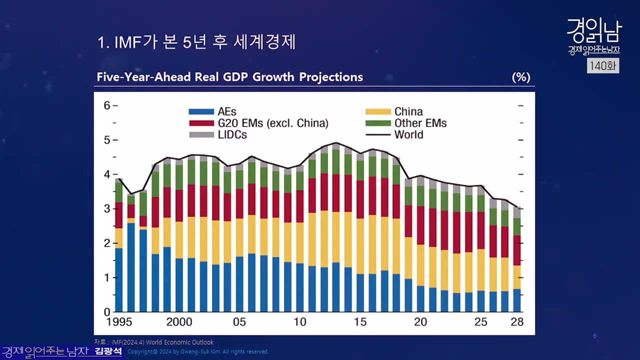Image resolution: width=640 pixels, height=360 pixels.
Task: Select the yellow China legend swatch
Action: tap(378, 112)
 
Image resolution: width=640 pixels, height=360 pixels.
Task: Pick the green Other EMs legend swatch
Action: tap(378, 123)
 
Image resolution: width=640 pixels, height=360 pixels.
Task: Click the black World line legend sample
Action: tap(378, 135)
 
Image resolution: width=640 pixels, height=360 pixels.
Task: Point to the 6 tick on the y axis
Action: tap(107, 105)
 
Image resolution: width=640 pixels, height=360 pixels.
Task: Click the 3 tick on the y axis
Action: tap(107, 209)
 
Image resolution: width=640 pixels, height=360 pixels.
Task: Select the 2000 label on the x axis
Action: tap(179, 322)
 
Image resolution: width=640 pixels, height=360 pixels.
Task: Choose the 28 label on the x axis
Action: tap(517, 322)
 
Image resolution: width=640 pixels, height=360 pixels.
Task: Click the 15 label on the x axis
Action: tap(360, 322)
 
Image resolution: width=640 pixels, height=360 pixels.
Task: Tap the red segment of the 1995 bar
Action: tap(119, 215)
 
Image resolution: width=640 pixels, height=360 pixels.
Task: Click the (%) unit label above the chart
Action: tap(520, 77)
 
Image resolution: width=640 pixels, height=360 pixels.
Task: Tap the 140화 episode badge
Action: tap(602, 65)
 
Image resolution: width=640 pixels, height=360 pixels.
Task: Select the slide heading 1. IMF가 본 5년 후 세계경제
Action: tap(197, 42)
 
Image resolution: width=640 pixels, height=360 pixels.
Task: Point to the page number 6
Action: tap(594, 336)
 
